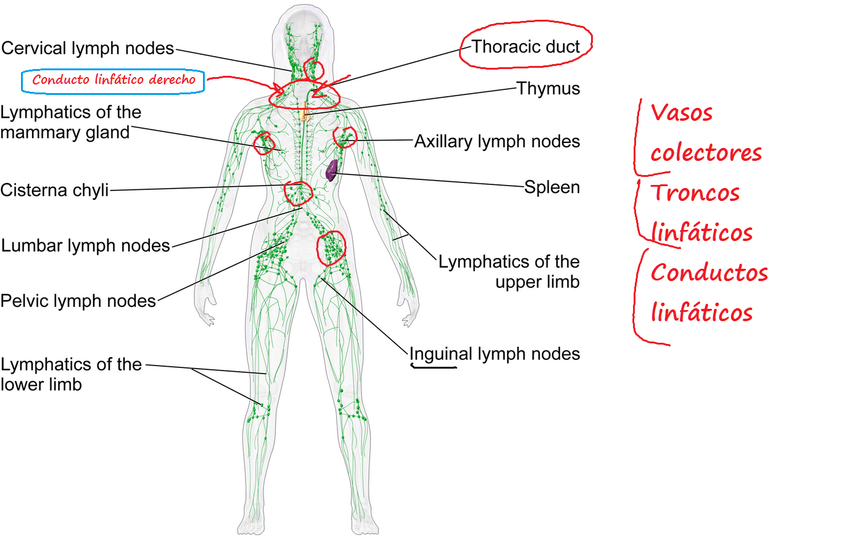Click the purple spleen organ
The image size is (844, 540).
[331, 171]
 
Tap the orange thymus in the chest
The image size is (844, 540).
[305, 112]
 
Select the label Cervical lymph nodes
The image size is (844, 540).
[88, 48]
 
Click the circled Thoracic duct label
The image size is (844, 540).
[526, 47]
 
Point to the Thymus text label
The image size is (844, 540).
[548, 89]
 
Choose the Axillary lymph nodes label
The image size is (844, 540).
[497, 142]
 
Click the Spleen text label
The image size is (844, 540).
[552, 187]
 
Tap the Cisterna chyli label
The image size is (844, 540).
[55, 190]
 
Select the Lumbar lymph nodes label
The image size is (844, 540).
[86, 245]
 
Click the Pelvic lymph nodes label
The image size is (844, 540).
[78, 301]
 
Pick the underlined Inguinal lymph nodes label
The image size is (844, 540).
[495, 354]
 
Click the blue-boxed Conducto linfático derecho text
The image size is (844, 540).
[114, 80]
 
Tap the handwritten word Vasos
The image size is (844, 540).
[681, 113]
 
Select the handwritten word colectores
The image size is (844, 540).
[706, 153]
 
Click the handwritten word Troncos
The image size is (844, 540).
[695, 192]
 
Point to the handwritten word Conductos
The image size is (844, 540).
[710, 272]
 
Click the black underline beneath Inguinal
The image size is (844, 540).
[434, 366]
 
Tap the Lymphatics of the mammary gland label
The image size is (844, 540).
[71, 123]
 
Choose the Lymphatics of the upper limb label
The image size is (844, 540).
[509, 272]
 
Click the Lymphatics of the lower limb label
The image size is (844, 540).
[71, 374]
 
